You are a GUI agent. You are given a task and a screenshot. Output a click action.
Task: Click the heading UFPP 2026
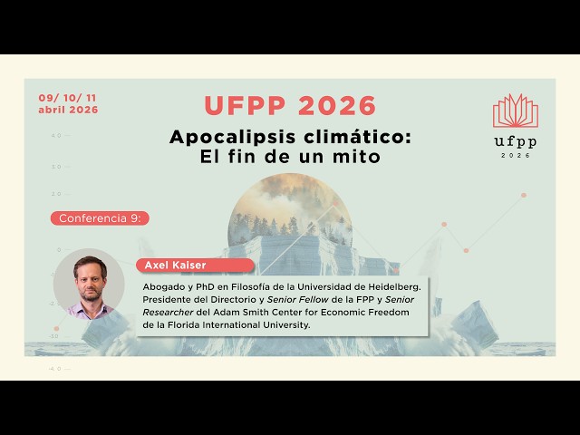[290, 106]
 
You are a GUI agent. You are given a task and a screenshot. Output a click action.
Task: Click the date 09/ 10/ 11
[68, 98]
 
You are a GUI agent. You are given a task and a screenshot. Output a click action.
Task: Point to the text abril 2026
[68, 110]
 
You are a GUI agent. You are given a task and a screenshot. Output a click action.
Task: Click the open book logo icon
[515, 111]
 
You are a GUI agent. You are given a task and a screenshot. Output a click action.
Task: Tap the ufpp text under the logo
[515, 141]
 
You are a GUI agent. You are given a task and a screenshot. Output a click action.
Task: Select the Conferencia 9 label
[102, 218]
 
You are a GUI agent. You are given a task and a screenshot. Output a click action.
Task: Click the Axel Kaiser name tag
[170, 266]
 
